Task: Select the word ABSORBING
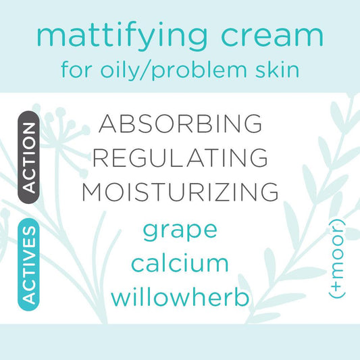pos(180,124)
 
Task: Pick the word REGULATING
pos(180,158)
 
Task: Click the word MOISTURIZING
pos(180,192)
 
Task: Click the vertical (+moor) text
pos(336,260)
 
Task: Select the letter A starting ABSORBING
pos(110,124)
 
